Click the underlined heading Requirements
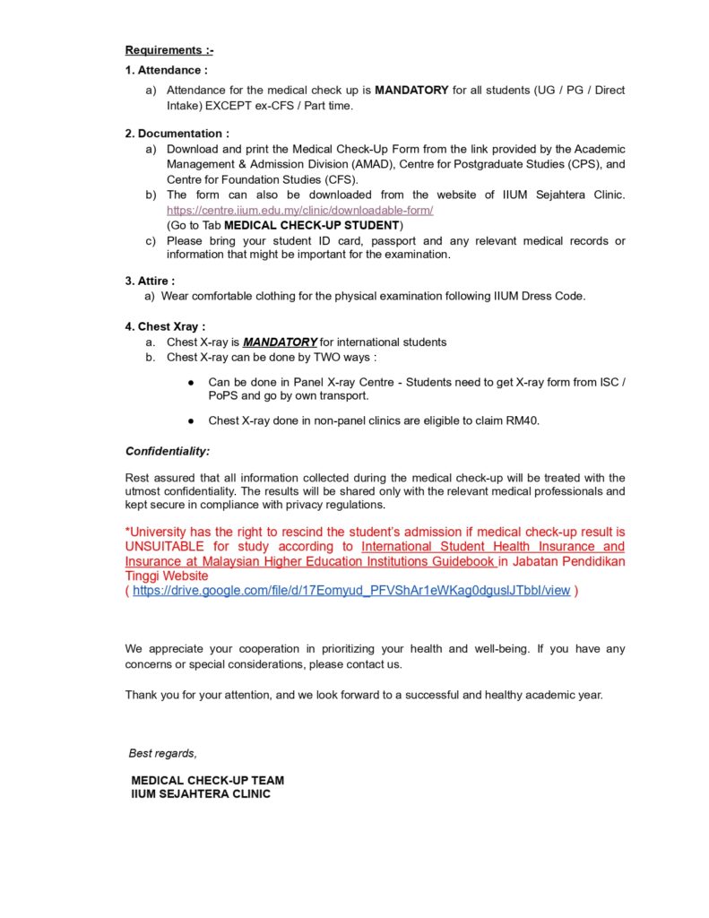(169, 50)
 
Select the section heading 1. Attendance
(167, 70)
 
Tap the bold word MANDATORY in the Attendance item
(411, 91)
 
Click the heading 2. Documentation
(177, 134)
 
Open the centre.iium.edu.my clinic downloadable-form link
(299, 210)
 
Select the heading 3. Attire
(150, 281)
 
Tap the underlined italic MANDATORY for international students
(280, 342)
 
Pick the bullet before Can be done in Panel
(192, 383)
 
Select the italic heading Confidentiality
(168, 451)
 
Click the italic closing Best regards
(163, 753)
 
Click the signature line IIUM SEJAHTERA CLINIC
(201, 794)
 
